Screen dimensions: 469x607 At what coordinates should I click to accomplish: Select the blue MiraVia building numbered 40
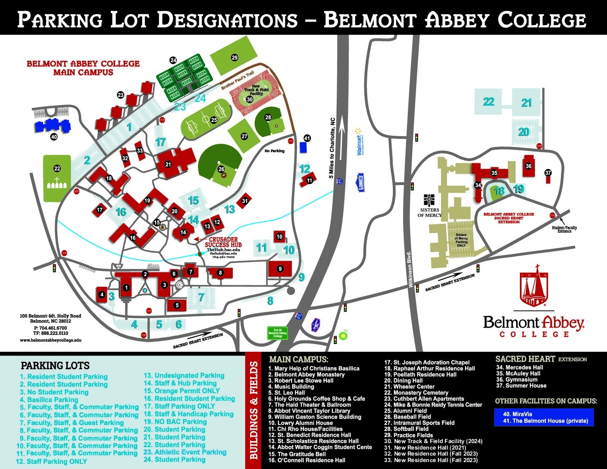point(52,126)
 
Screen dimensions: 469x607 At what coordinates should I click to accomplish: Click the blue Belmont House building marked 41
point(303,147)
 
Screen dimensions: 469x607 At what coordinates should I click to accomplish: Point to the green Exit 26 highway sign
point(277,333)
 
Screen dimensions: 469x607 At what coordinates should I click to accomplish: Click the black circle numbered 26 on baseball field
point(221,169)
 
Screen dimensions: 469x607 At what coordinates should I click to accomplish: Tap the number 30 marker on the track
point(250,99)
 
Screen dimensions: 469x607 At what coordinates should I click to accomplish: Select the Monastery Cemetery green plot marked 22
point(57,178)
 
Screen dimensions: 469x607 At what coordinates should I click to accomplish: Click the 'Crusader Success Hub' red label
point(223,242)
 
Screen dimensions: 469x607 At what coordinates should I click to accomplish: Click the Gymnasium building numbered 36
point(529,166)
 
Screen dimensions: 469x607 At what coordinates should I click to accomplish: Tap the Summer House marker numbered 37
point(548,173)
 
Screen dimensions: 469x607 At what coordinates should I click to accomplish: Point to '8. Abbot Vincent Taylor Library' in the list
point(309,411)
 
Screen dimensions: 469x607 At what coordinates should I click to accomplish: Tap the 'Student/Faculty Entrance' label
point(564,229)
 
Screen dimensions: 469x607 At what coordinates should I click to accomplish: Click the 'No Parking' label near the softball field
point(275,151)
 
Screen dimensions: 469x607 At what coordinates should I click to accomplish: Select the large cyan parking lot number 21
point(526,103)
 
